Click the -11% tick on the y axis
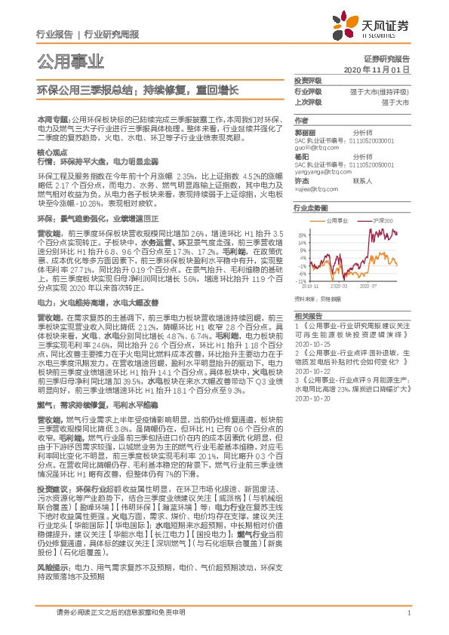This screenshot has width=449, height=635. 301,281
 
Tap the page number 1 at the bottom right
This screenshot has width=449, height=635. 408,614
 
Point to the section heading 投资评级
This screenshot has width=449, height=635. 309,80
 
